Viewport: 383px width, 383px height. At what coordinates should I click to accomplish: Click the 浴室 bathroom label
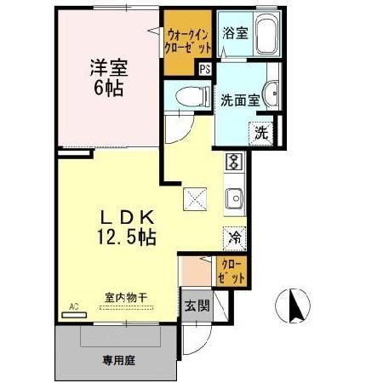tap(235, 35)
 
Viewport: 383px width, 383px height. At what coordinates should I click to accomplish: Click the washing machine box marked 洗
tap(261, 133)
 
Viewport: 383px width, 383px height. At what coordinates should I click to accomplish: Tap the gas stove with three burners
tap(235, 163)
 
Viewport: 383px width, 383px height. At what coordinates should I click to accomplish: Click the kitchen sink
tap(235, 200)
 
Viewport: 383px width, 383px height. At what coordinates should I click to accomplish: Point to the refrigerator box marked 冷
tap(234, 237)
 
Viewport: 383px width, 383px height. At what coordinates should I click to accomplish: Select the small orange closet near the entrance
tap(232, 272)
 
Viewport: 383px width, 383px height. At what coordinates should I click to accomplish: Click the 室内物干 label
tap(126, 297)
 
